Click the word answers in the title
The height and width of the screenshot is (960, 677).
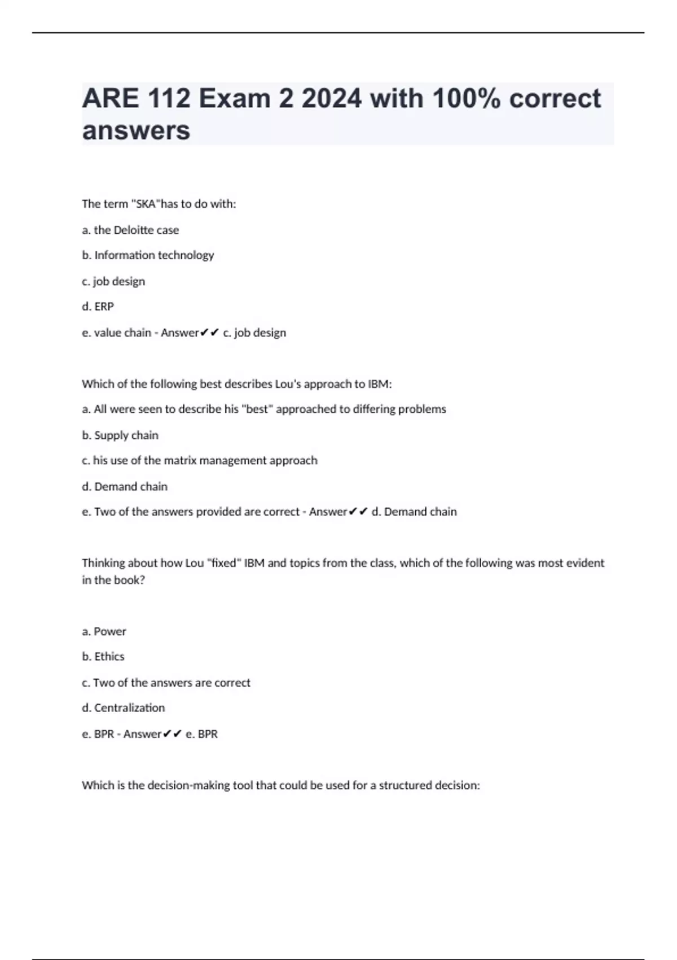136,130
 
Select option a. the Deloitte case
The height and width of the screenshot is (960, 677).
130,230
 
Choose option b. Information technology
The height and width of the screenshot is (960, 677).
148,255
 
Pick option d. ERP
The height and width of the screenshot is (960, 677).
98,307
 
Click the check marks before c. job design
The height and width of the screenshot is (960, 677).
209,333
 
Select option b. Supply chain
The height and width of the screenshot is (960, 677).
120,435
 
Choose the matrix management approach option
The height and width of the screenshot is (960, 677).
200,461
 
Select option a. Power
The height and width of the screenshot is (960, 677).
104,631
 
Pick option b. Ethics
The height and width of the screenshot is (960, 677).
103,657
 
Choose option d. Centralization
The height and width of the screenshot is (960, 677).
124,708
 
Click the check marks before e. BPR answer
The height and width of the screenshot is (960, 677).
172,734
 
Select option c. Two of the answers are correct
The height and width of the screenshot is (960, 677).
166,683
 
